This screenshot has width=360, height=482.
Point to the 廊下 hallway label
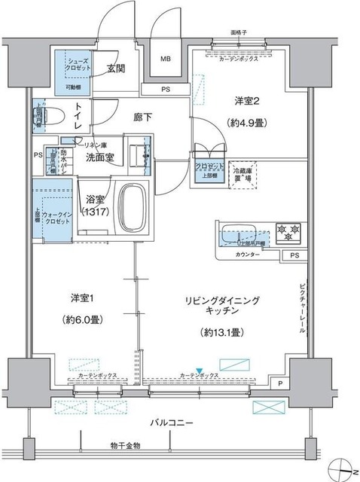point(143,117)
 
